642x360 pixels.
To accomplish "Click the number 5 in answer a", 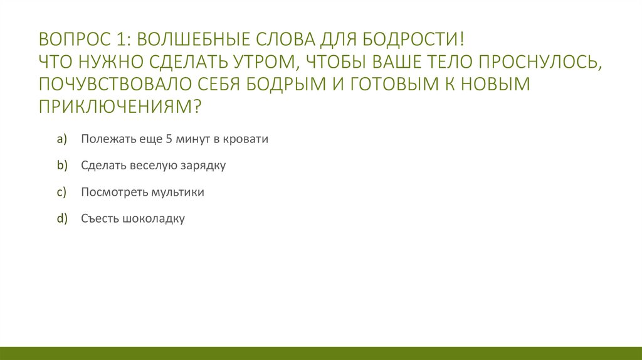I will point(169,139).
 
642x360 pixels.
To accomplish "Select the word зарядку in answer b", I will point(204,166).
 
